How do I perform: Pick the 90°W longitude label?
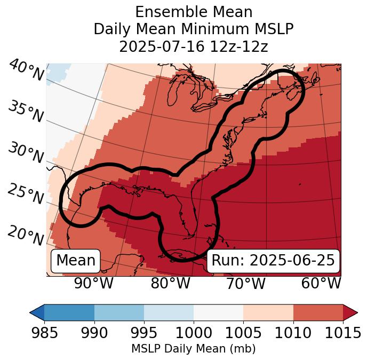pos(93,283)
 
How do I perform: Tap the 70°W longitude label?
pos(245,283)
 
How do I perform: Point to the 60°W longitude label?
pos(321,283)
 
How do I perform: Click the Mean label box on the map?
pos(76,261)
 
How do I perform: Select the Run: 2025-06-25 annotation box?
pos(273,261)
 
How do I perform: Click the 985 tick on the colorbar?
pos(44,333)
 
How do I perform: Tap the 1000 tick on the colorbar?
pos(194,333)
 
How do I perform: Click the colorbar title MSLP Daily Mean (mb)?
pos(193,349)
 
